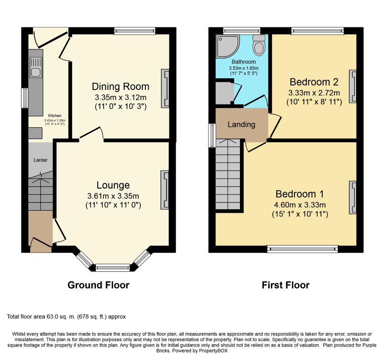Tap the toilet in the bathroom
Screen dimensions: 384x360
pyautogui.click(x=259, y=45)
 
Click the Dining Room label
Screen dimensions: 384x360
pyautogui.click(x=121, y=87)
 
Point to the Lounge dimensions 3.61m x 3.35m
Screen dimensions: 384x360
pyautogui.click(x=113, y=196)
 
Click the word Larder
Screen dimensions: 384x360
pyautogui.click(x=41, y=160)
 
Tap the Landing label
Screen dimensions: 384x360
pyautogui.click(x=241, y=125)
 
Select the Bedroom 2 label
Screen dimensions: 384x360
pyautogui.click(x=314, y=82)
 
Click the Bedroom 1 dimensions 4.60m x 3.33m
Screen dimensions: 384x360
pyautogui.click(x=300, y=205)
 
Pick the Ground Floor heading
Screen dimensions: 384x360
pyautogui.click(x=99, y=285)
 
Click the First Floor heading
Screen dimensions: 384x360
pyautogui.click(x=285, y=285)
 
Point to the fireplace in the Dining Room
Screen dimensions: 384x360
pyautogui.click(x=165, y=88)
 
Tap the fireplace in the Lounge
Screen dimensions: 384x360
pyautogui.click(x=165, y=190)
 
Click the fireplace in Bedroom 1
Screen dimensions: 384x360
pyautogui.click(x=353, y=197)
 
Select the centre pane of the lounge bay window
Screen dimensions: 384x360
pyautogui.click(x=113, y=268)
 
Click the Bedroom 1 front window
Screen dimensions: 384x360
pyautogui.click(x=303, y=249)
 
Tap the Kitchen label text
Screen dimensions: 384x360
pyautogui.click(x=55, y=116)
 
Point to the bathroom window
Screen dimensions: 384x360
pyautogui.click(x=242, y=31)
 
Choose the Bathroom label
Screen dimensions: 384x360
pyautogui.click(x=244, y=62)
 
